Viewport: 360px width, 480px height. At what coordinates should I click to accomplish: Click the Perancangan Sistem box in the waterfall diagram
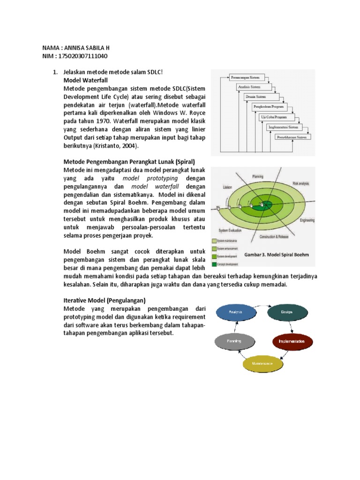[246, 77]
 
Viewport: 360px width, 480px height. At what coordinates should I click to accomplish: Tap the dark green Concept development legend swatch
[214, 264]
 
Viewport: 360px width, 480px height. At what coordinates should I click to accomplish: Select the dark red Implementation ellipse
[292, 341]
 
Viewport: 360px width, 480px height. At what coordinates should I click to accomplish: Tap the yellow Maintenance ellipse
[263, 363]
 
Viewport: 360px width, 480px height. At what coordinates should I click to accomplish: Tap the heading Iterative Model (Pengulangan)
[105, 300]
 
